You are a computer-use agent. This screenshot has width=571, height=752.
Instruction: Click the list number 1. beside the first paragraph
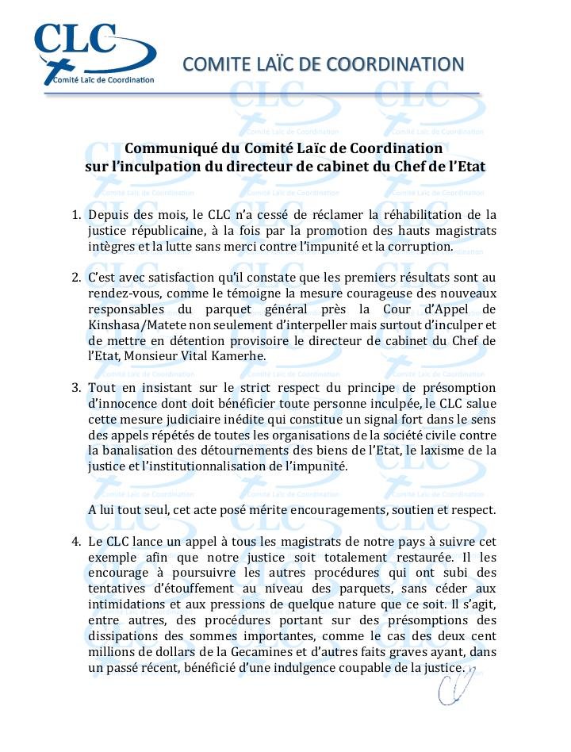point(77,215)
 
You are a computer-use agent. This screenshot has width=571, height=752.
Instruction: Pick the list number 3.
point(77,388)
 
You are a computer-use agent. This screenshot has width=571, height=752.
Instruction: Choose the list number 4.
point(77,542)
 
